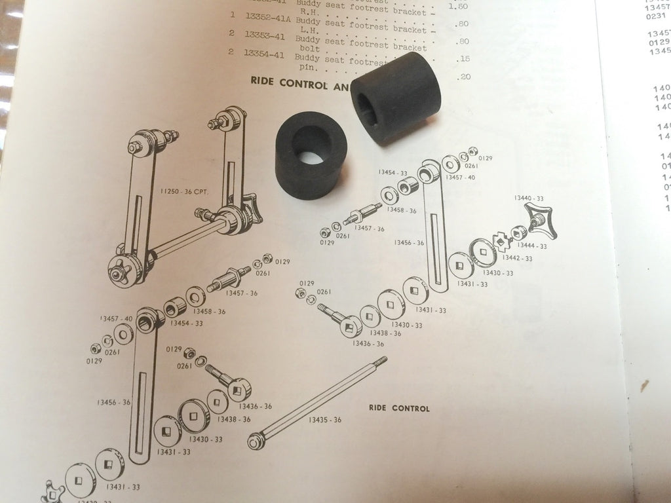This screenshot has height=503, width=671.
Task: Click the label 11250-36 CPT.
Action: click(x=180, y=192)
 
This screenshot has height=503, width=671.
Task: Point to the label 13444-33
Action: click(x=533, y=246)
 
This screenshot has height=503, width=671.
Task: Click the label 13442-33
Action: click(x=518, y=259)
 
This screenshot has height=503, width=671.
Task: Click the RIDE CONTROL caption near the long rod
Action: click(x=399, y=409)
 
